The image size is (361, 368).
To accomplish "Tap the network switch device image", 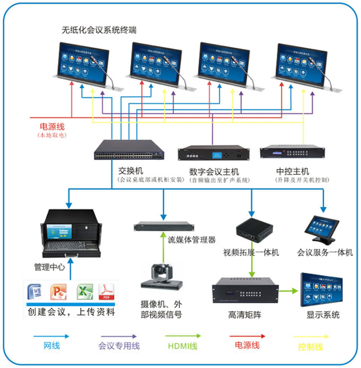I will coord(129,150).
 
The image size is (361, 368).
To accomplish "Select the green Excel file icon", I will coord(85,292).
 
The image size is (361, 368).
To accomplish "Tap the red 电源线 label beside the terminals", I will coord(52,126).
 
